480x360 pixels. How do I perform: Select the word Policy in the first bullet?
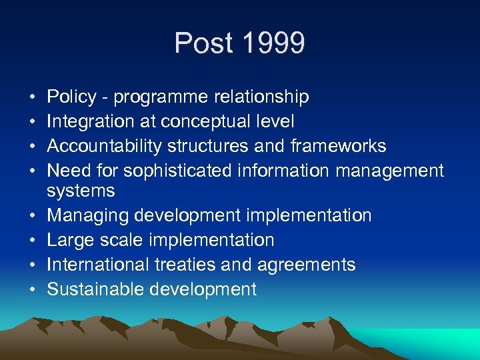point(72,97)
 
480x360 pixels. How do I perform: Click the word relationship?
point(261,97)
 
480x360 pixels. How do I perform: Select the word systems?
point(81,191)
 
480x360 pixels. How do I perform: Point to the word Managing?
point(88,216)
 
